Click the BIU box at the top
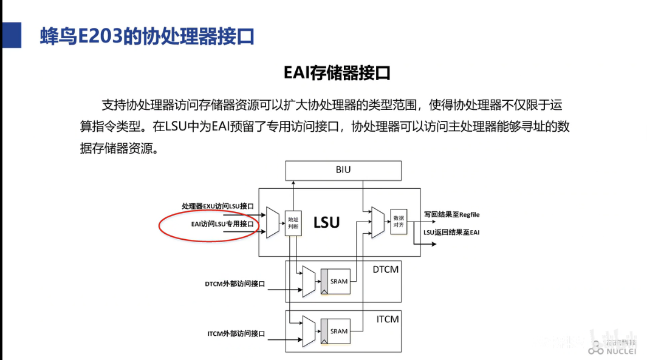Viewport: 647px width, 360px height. pyautogui.click(x=343, y=170)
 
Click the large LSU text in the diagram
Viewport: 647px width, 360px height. pyautogui.click(x=326, y=222)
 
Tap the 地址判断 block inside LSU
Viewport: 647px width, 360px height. pyautogui.click(x=293, y=223)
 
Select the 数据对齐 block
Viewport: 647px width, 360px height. pyautogui.click(x=399, y=221)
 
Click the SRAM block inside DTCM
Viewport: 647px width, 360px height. pyautogui.click(x=338, y=281)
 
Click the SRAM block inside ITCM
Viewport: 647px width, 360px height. pyautogui.click(x=338, y=331)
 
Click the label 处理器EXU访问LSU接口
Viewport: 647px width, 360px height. pyautogui.click(x=217, y=206)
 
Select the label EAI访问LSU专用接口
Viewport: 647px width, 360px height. pyautogui.click(x=222, y=223)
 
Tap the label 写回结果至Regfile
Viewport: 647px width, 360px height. pyautogui.click(x=452, y=214)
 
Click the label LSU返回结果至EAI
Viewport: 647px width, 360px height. pyautogui.click(x=451, y=232)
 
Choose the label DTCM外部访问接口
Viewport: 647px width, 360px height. pyautogui.click(x=236, y=284)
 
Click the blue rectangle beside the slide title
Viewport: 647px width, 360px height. pyautogui.click(x=10, y=36)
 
